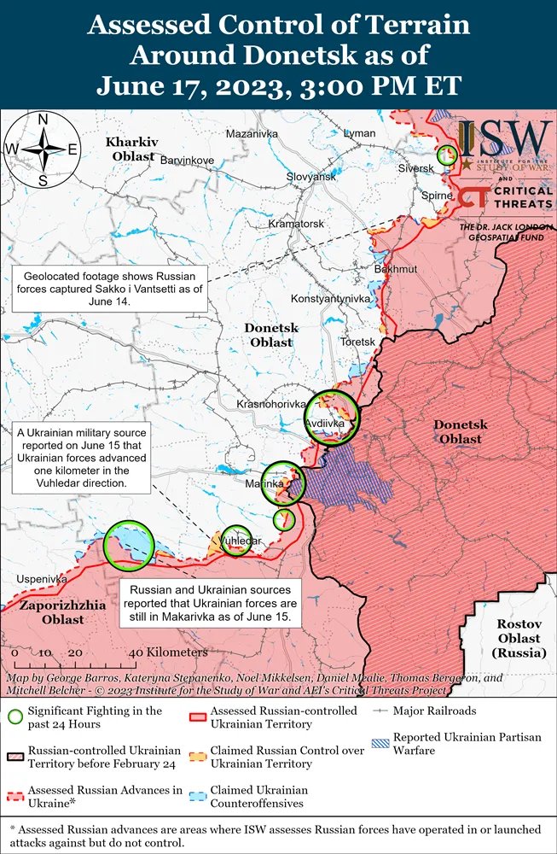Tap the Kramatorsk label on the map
click(296, 224)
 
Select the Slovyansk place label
click(311, 176)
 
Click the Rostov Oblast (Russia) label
click(519, 638)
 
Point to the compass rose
click(42, 149)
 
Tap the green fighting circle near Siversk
click(446, 155)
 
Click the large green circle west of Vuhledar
click(129, 546)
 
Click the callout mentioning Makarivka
click(210, 603)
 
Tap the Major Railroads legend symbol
click(380, 711)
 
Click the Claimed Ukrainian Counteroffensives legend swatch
click(195, 791)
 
